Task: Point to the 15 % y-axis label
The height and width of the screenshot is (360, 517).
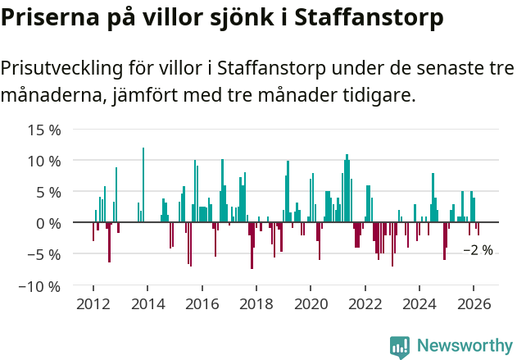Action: (44, 130)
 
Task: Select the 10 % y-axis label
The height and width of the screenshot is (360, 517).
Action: (44, 161)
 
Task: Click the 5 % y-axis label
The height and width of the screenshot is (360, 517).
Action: (48, 192)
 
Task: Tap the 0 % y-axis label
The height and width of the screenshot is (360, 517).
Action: (48, 223)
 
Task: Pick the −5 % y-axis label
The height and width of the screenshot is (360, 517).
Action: (44, 254)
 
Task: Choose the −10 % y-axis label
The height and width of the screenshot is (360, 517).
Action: (41, 286)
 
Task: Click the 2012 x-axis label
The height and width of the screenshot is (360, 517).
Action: (93, 304)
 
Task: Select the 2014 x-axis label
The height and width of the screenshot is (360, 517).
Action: (147, 304)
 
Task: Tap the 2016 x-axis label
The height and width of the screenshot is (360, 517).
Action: (202, 304)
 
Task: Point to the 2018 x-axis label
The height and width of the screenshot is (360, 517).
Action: (256, 304)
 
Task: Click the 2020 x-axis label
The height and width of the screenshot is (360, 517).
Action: (311, 304)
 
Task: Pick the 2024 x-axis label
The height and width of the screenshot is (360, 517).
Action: (419, 304)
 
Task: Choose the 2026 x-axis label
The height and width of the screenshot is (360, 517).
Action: (474, 304)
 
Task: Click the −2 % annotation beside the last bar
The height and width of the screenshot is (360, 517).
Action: (478, 250)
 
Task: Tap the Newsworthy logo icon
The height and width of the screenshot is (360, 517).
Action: (400, 346)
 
